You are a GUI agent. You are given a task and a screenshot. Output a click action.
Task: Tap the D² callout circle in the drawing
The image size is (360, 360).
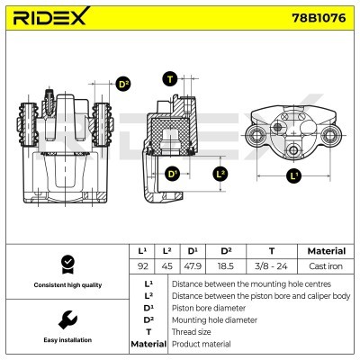tap(123, 84)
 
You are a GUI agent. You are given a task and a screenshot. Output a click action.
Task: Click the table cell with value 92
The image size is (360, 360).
tap(141, 265)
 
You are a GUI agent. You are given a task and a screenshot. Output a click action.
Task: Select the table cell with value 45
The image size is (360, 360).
tap(166, 265)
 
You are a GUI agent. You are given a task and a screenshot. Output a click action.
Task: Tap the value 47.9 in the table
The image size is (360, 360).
tap(192, 265)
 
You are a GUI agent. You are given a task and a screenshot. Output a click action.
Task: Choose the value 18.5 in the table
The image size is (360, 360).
tap(226, 265)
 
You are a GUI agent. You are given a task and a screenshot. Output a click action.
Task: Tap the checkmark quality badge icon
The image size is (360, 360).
tap(66, 264)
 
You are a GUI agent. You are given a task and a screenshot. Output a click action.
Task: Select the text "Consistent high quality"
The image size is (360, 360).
tap(66, 285)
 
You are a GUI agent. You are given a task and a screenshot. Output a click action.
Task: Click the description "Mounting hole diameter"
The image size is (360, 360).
tap(212, 319)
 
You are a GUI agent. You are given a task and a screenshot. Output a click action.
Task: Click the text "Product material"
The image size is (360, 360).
tap(200, 344)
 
